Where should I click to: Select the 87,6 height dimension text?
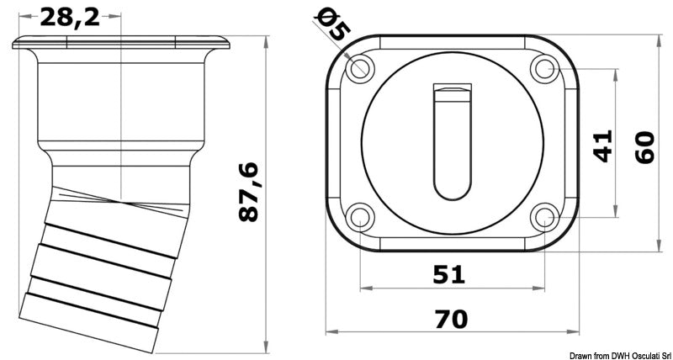[x=249, y=193]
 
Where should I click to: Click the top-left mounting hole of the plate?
[x=361, y=67]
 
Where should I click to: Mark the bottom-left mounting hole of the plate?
[x=361, y=219]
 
